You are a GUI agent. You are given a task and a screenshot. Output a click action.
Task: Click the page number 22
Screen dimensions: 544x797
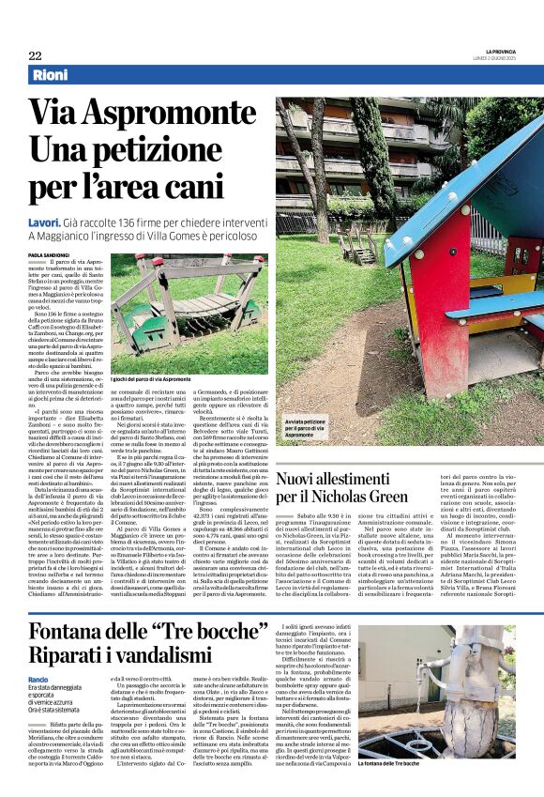35,55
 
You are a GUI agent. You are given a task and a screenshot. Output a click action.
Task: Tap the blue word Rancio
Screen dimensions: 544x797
38,679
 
